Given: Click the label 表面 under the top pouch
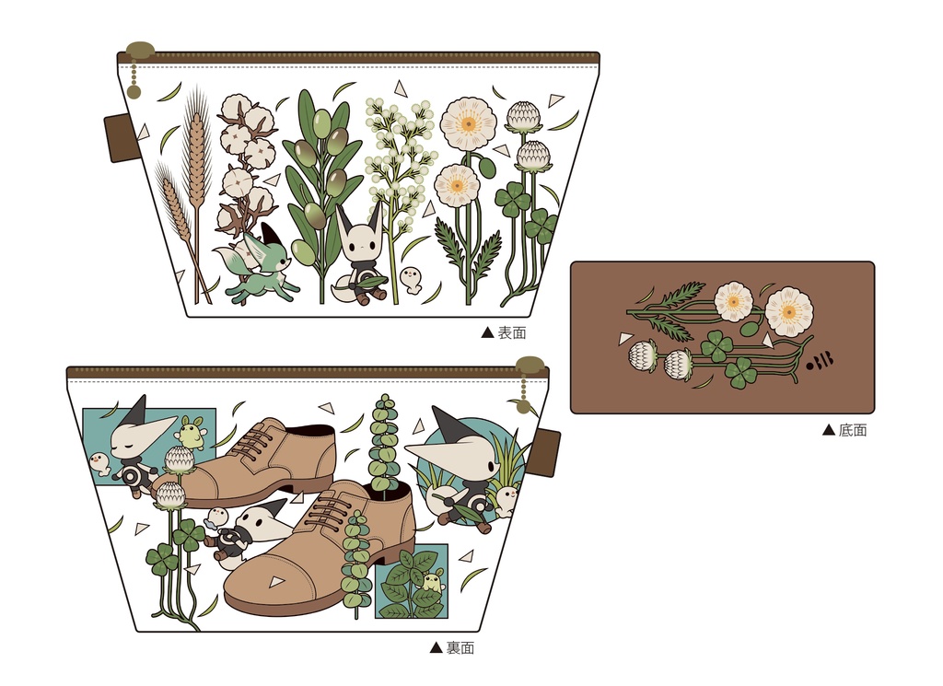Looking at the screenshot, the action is [512, 332].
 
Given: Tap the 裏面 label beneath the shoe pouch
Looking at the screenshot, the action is [460, 647].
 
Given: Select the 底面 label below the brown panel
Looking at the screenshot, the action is [852, 430].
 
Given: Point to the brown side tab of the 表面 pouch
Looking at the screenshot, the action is [118, 138].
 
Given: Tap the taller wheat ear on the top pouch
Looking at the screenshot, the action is [197, 150].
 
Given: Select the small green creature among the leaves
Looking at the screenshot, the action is [431, 582].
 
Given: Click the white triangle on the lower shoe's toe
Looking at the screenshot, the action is [276, 581].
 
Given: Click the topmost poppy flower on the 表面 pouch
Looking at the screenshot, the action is [468, 125].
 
